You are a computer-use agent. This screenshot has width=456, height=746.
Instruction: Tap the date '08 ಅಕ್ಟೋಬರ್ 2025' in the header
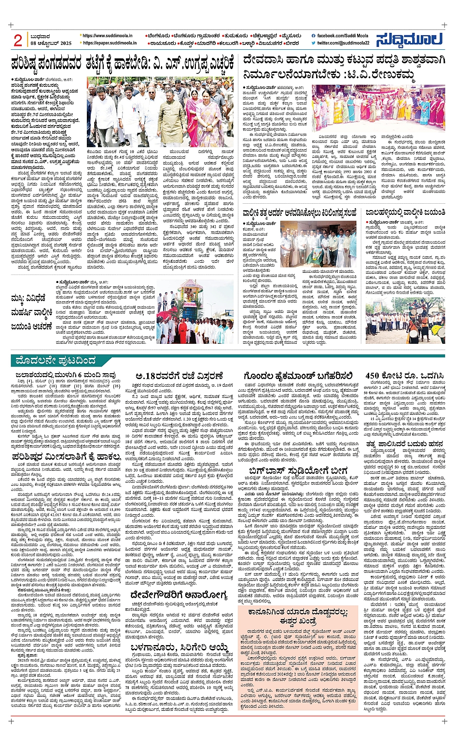pos(50,43)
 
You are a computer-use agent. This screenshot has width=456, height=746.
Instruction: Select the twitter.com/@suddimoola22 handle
pos(343,43)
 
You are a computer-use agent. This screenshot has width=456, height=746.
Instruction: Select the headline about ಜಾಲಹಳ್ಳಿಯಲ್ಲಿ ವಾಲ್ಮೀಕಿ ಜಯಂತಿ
pos(403,212)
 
